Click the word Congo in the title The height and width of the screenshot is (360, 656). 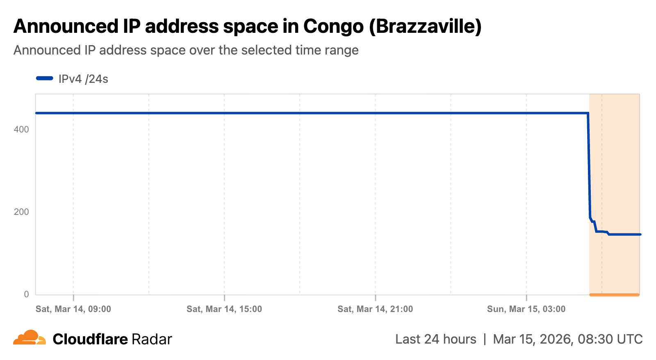[333, 27]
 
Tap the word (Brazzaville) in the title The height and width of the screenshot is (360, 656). [425, 27]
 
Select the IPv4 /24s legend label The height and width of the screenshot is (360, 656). [83, 79]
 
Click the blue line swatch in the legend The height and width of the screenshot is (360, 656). [45, 78]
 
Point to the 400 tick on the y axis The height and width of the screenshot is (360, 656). [21, 130]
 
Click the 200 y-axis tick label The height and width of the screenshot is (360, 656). [21, 212]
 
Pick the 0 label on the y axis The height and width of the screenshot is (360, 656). [27, 294]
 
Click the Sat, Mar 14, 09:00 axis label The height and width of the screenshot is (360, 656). [73, 309]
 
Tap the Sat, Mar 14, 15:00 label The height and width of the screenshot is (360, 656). [224, 309]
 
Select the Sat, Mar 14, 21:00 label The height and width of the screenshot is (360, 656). [375, 309]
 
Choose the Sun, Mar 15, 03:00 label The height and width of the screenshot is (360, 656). [526, 309]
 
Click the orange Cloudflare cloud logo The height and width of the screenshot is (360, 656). [30, 338]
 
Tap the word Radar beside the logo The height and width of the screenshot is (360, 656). [151, 339]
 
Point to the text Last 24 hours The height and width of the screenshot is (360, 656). [435, 339]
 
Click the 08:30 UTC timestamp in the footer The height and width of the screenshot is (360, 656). [610, 339]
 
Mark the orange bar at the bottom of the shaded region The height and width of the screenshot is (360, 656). [614, 294]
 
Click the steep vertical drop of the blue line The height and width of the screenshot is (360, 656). [589, 164]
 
